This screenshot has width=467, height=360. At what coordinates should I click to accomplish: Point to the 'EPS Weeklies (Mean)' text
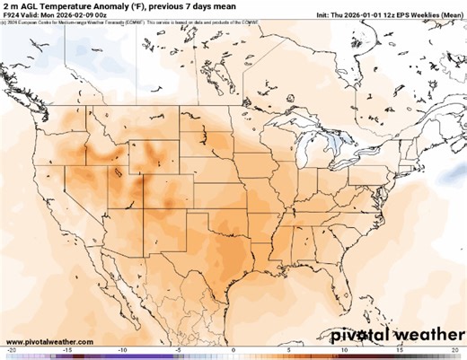[x=431, y=15]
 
